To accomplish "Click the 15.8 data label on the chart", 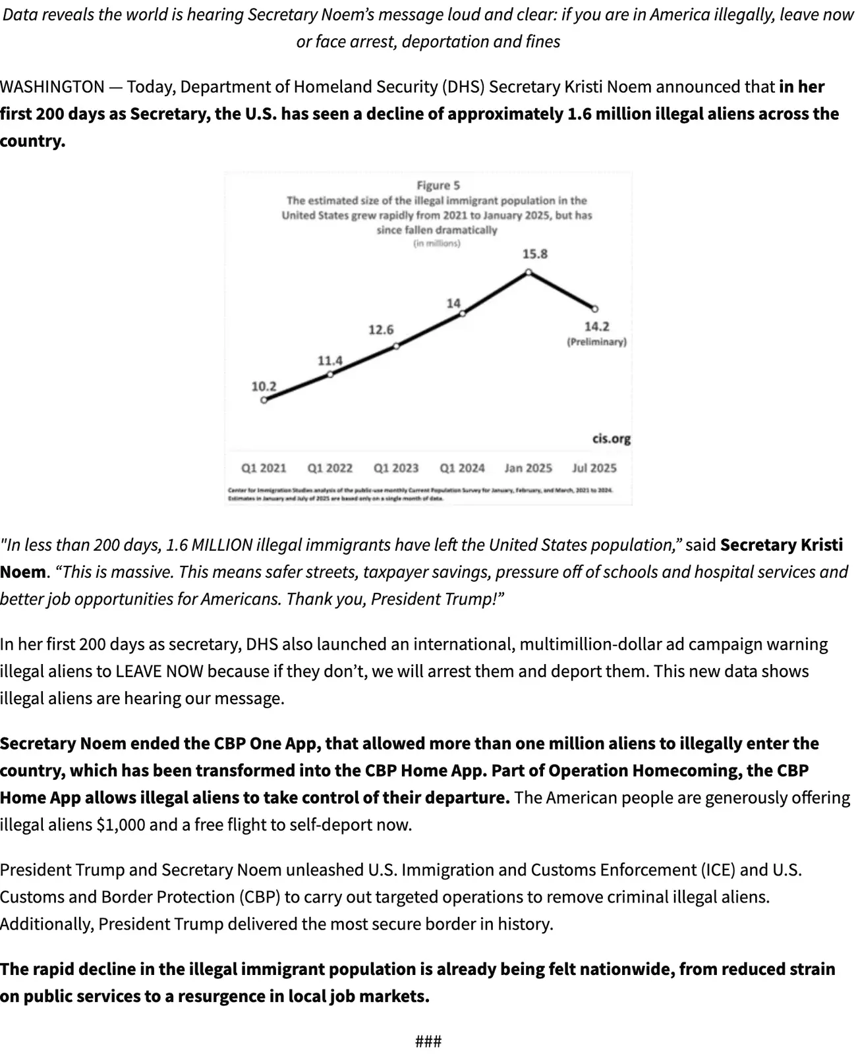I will [534, 254].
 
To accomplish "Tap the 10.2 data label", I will [264, 387].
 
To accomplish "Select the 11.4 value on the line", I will [330, 361].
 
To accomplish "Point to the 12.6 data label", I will [381, 329].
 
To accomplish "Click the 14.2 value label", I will [596, 327].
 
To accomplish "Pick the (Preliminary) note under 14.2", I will [596, 342].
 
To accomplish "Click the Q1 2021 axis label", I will [264, 468].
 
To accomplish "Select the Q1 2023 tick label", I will [396, 468].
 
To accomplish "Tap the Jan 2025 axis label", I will [528, 468].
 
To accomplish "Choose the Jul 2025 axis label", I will [594, 468].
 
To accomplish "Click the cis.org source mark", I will [611, 439].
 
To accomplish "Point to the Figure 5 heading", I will [438, 186].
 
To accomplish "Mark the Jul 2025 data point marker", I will [595, 308].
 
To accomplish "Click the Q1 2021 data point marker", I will [264, 400].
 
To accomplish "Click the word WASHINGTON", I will [52, 87].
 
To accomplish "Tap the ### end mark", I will [428, 1041].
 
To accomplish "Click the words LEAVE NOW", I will [159, 671].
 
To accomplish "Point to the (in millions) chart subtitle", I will [437, 244].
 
